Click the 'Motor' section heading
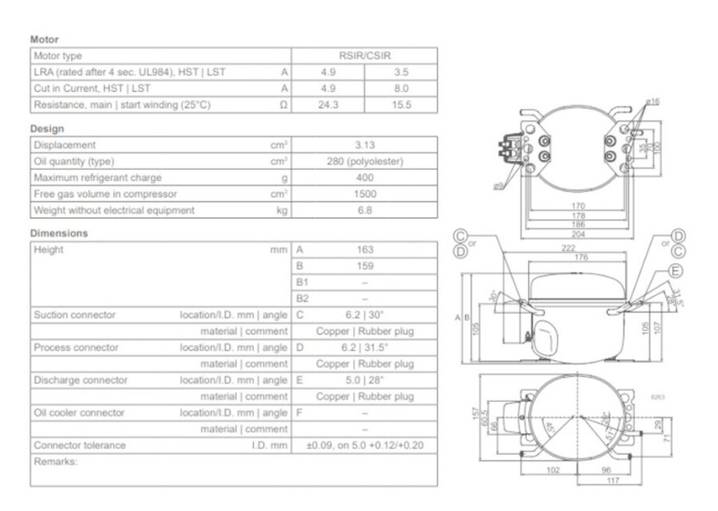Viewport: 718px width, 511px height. coord(44,39)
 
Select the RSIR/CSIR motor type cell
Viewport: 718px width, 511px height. coord(365,56)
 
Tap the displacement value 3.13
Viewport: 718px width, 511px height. coord(365,145)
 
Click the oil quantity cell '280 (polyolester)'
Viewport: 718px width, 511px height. coord(365,162)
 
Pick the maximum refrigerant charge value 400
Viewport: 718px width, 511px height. coord(365,178)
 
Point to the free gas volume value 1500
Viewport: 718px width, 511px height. coord(365,195)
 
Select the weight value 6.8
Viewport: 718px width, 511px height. coord(365,210)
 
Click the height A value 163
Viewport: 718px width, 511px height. coord(365,250)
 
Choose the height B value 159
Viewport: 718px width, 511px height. coord(365,265)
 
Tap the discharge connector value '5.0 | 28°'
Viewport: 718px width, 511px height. coord(365,380)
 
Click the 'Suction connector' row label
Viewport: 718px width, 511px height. coord(74,315)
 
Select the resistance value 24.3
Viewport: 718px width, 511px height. coord(328,105)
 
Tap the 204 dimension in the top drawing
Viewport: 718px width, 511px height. coord(578,234)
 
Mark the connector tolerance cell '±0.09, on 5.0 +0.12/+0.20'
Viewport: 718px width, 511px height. coord(365,446)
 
